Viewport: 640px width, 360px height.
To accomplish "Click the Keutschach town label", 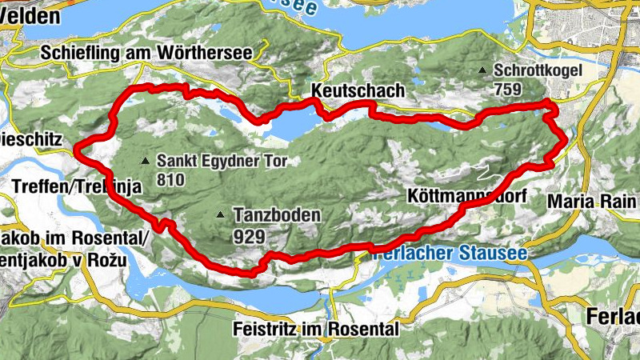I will coord(358,90).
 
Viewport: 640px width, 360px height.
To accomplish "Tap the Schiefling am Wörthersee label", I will coord(146,53).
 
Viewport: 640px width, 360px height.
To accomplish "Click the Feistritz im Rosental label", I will coord(315,329).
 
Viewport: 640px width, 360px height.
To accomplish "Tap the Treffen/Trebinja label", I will coord(77,186).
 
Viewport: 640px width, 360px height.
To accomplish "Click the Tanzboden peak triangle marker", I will coord(220,214).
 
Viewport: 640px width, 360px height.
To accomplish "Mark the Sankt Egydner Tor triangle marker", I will coord(145,161).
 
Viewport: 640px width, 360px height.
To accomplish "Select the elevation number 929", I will coord(250,236).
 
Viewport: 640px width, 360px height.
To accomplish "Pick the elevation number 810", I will coord(170,178).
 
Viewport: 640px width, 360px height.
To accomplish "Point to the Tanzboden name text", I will coord(277,214).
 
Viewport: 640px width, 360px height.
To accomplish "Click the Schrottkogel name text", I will coord(537,70).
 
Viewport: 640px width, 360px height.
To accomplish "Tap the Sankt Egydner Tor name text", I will coord(222,160).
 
